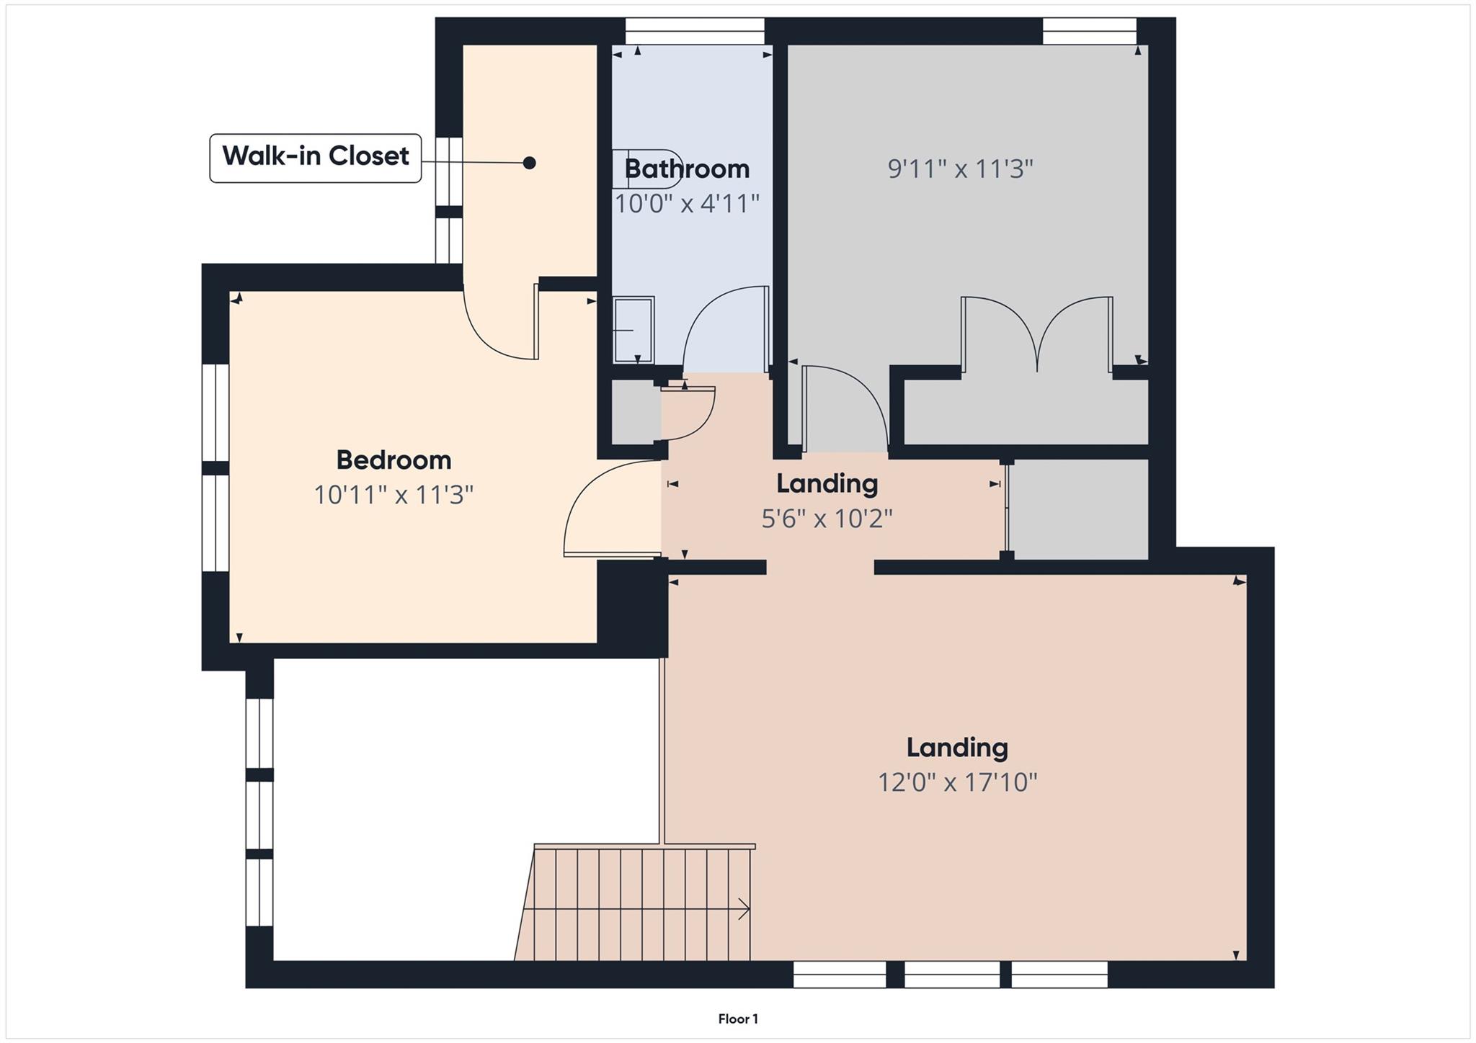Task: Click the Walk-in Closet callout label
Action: (x=315, y=157)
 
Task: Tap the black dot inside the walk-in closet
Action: (x=529, y=163)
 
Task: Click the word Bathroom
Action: (x=687, y=169)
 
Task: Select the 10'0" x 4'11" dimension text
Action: (x=687, y=204)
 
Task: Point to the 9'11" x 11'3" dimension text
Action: (x=960, y=169)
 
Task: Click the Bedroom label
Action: (x=394, y=460)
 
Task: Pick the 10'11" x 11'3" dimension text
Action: (x=394, y=496)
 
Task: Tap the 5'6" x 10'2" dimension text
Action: (x=827, y=519)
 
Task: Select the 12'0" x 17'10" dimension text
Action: (x=957, y=782)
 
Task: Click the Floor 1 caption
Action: (x=737, y=1019)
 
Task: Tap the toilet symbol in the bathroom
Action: (x=645, y=169)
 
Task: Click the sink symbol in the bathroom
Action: (x=633, y=330)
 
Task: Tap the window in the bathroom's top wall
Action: (x=694, y=32)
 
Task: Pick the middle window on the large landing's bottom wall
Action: (x=951, y=974)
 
